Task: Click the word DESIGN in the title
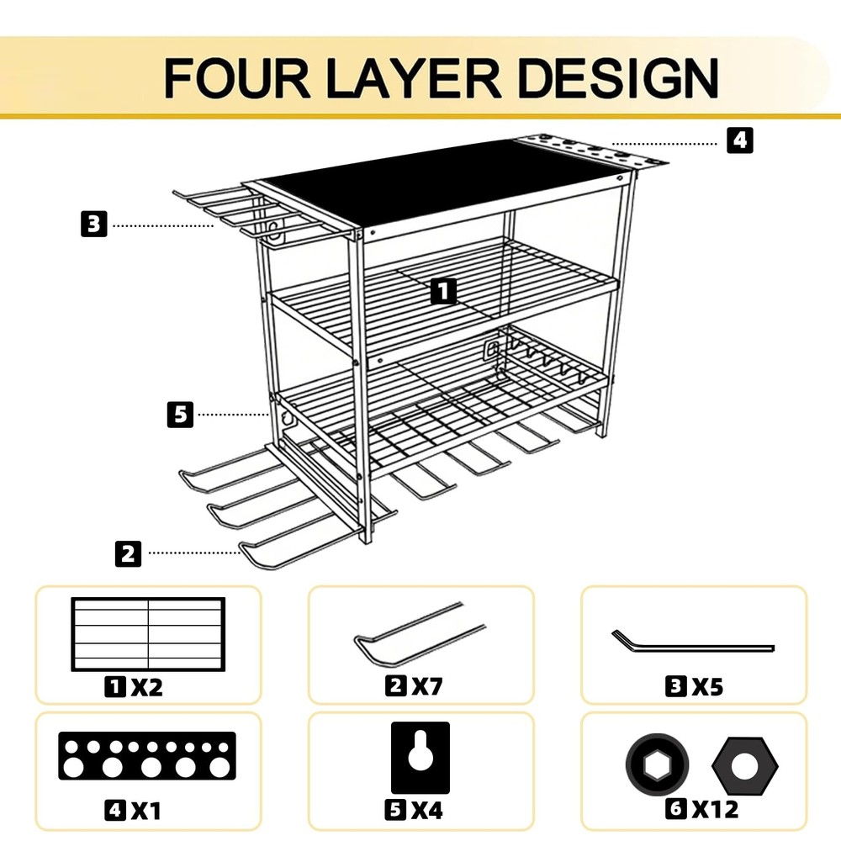click(617, 77)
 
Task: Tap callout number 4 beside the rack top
click(739, 140)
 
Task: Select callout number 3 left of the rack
click(95, 225)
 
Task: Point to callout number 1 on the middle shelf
click(443, 292)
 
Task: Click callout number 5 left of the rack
click(179, 414)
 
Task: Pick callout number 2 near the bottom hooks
click(127, 553)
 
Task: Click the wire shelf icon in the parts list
click(149, 632)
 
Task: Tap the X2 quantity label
click(146, 687)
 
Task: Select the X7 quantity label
click(426, 687)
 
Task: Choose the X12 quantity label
click(715, 810)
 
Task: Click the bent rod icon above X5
click(691, 642)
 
